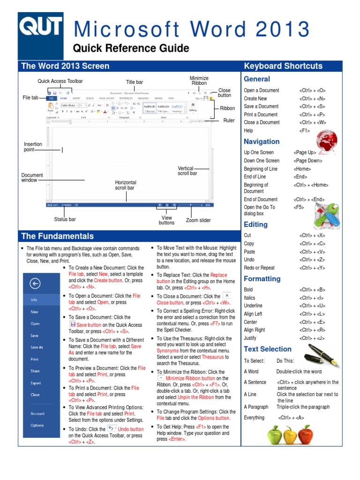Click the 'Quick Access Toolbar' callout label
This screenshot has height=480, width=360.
[60, 81]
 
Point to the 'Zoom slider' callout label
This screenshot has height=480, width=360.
[198, 220]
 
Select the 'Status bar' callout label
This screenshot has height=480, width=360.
[65, 219]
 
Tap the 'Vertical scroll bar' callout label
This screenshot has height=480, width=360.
[187, 171]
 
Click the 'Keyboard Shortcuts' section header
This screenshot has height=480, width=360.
[283, 66]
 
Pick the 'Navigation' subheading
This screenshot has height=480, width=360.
[262, 142]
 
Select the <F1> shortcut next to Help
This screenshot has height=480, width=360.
[304, 131]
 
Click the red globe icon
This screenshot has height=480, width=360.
[326, 142]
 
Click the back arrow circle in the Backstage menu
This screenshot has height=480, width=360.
[35, 283]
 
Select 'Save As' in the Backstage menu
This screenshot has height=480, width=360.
[37, 347]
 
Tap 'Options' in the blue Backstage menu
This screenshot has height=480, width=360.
[37, 426]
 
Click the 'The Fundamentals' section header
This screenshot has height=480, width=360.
[57, 236]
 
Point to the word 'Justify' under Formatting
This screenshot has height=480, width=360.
[250, 338]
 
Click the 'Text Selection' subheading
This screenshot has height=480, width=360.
[268, 349]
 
